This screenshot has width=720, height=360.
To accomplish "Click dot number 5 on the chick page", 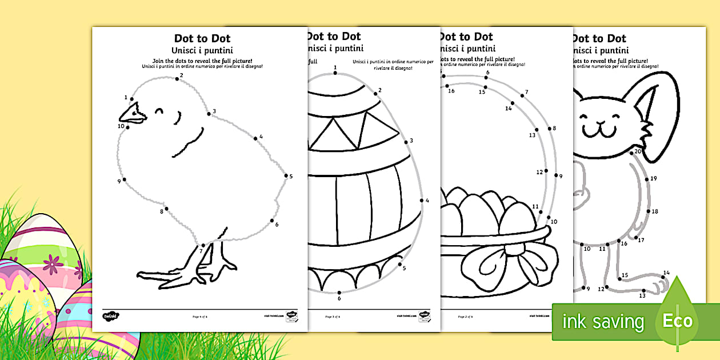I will click(285, 177).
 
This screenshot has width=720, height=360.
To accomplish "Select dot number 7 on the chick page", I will click(203, 245).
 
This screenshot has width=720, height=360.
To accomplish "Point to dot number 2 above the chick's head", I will click(177, 79).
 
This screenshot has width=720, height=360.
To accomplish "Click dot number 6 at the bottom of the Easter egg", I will click(339, 292).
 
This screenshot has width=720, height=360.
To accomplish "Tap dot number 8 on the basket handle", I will click(548, 129).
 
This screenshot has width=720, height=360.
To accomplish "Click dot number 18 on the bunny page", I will click(648, 211).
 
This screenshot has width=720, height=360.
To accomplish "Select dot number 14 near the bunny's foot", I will click(663, 277).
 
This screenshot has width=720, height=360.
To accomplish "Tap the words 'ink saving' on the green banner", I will click(603, 322).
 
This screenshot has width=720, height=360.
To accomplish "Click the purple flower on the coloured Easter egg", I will click(55, 263).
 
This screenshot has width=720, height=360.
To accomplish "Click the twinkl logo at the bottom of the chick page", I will click(110, 315).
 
